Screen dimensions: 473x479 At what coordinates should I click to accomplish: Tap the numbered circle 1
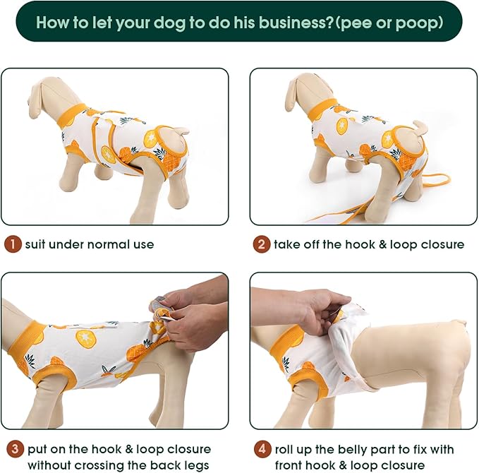point(12,245)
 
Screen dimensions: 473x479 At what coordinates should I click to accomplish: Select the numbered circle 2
point(262,245)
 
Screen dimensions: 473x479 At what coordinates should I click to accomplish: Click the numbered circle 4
point(262,449)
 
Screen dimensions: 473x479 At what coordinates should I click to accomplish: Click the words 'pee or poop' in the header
point(389,22)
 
